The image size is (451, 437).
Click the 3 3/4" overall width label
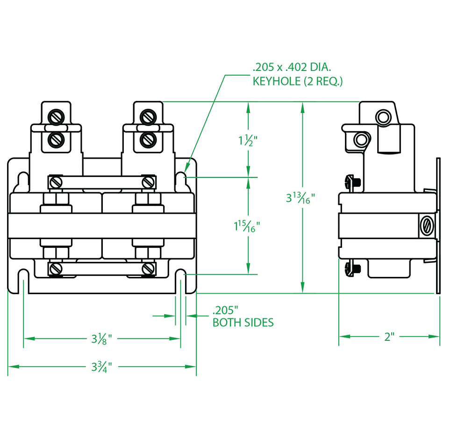pos(101,367)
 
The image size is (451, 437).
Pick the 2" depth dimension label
pos(389,337)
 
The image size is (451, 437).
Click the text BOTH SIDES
pos(243,323)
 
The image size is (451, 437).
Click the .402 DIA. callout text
pos(315,68)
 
